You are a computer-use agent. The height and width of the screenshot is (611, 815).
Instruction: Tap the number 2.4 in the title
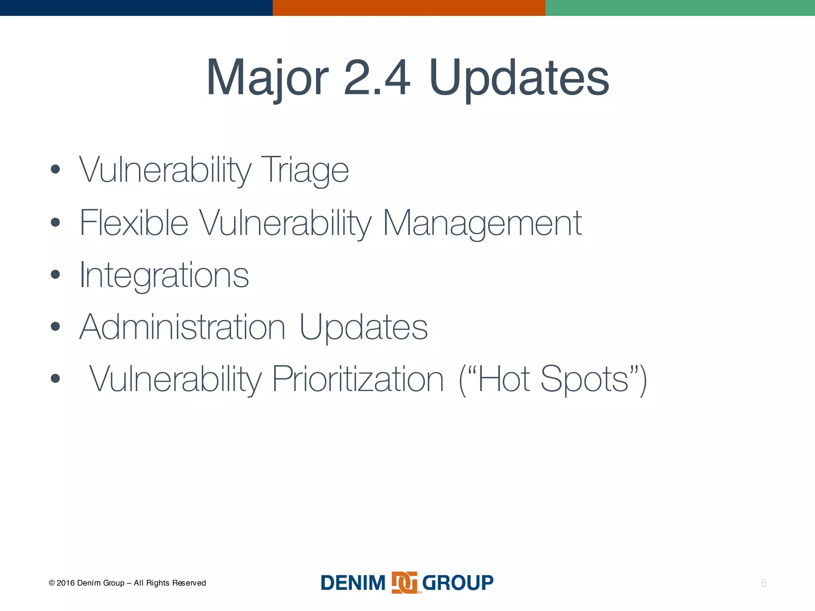[x=376, y=78]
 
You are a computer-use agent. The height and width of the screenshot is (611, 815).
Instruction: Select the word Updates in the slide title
[x=519, y=78]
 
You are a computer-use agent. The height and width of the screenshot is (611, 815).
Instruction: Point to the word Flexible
[x=134, y=223]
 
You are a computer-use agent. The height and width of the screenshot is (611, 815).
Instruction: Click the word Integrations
[x=164, y=275]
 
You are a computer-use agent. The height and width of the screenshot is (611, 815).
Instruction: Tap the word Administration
[x=182, y=327]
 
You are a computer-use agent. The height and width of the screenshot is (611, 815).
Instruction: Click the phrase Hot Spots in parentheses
[x=553, y=379]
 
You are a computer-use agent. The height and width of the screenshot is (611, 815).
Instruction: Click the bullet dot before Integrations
[x=55, y=274]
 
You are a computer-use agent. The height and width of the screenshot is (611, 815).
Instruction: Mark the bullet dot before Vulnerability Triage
[x=55, y=169]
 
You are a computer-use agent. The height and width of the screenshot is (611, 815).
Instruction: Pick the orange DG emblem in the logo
[x=404, y=583]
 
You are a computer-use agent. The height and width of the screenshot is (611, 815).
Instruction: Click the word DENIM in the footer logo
[x=353, y=583]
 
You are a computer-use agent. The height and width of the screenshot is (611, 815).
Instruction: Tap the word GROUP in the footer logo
[x=458, y=583]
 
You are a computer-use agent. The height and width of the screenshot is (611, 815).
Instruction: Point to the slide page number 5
[x=763, y=583]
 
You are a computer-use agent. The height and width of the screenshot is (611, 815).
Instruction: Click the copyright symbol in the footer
[x=52, y=583]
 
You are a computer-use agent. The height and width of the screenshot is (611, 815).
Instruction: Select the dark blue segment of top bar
[x=136, y=8]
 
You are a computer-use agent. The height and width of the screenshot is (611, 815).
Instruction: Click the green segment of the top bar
[x=680, y=8]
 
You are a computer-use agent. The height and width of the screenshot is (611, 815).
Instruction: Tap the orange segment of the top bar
[x=409, y=8]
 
